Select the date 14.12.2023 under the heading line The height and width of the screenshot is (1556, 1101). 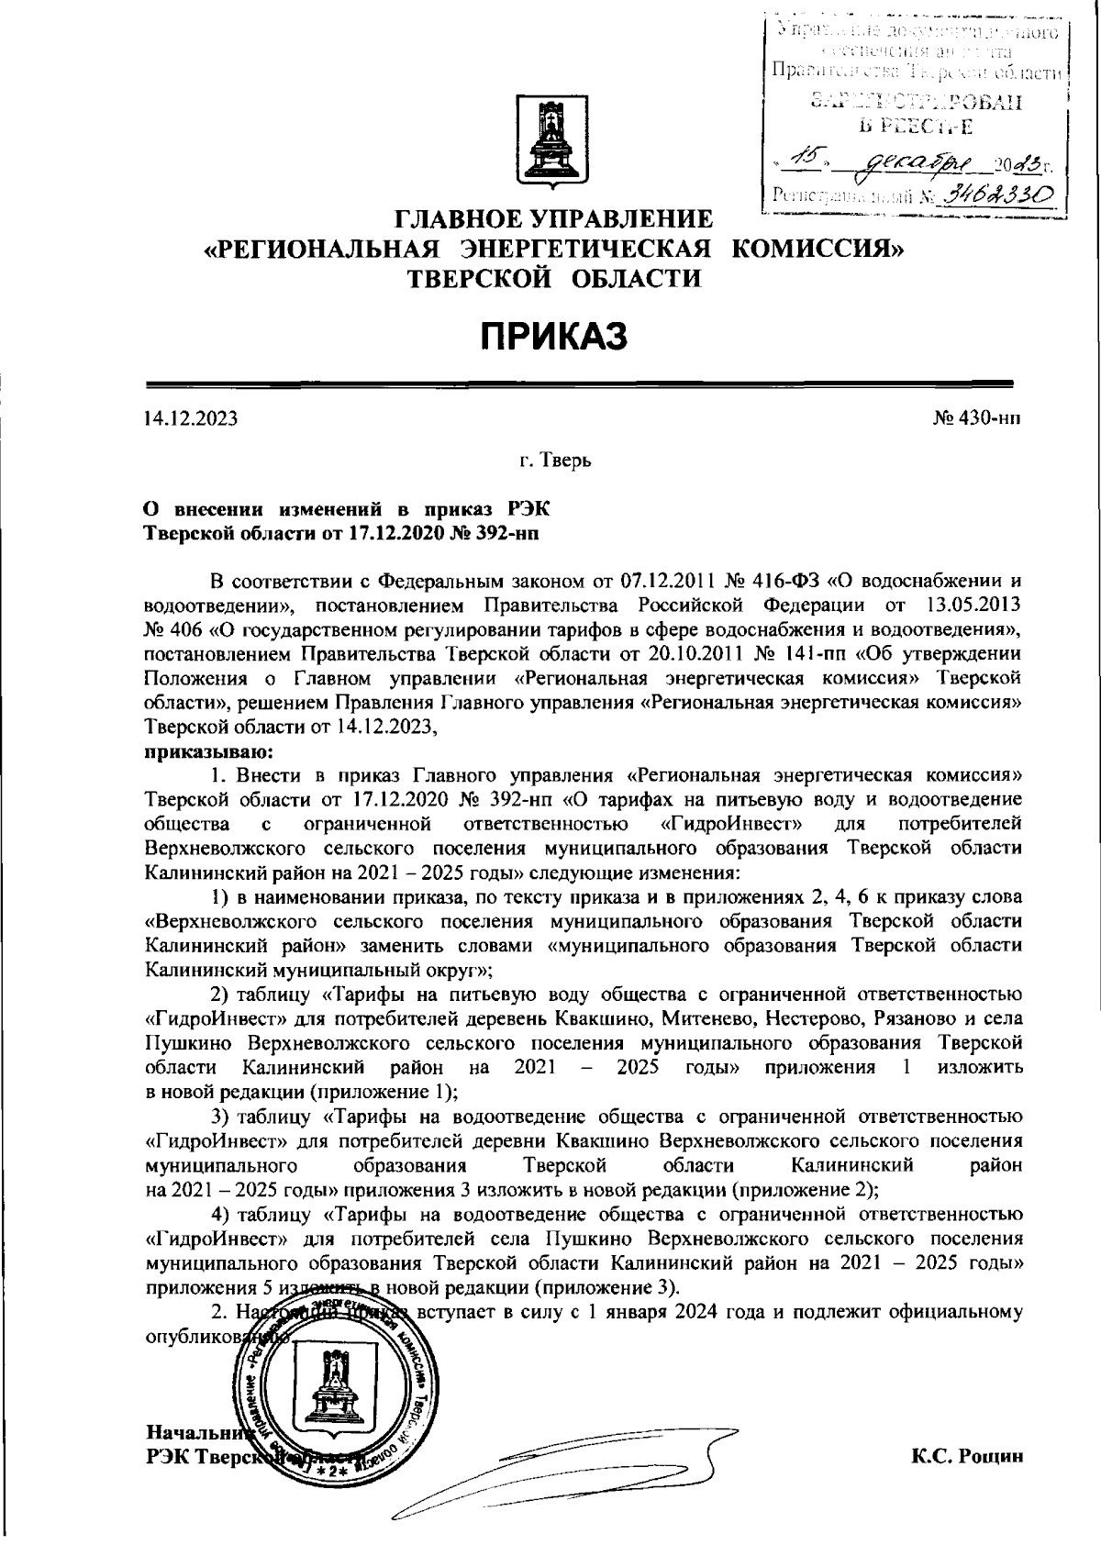[191, 419]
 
